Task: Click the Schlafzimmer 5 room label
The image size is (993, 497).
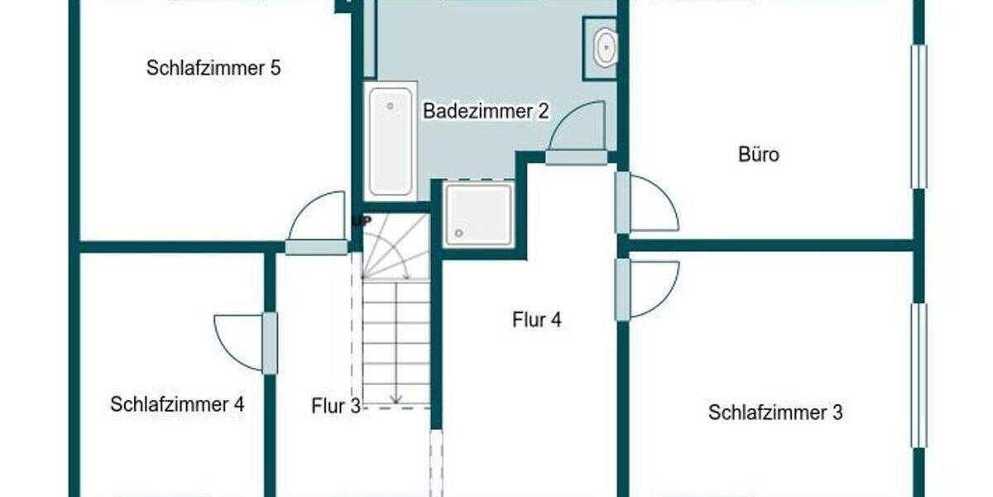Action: point(213,69)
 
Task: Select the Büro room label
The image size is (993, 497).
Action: point(759,155)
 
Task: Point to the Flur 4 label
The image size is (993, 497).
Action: point(537,320)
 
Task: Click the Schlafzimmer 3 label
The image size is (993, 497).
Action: point(775,413)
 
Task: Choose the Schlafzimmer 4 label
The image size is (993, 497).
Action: point(177,404)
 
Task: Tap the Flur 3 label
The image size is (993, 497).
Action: point(336,406)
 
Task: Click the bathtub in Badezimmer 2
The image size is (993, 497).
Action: point(391,141)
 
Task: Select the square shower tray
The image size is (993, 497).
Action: point(479,214)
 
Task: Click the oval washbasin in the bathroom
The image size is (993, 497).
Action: point(605,47)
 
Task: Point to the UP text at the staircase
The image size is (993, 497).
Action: point(361,221)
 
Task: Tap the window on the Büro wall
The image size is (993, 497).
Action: point(919,116)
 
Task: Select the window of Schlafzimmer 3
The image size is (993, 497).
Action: point(919,374)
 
